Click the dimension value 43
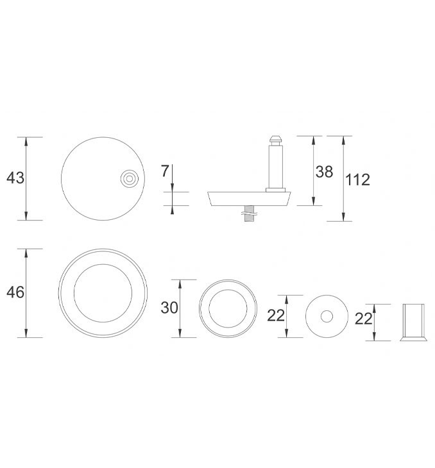[15, 178]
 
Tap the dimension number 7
[165, 171]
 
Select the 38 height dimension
[324, 172]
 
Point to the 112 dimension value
[357, 180]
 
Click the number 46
[15, 292]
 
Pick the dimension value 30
[169, 308]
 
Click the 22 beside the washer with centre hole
[276, 315]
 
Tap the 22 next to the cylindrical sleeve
[364, 319]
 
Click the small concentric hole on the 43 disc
[130, 179]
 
